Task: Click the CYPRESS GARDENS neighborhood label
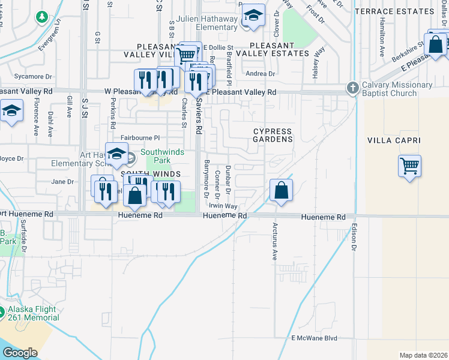272,135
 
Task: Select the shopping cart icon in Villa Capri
409,166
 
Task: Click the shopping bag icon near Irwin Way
281,191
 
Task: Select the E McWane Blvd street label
314,338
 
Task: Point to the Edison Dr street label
354,238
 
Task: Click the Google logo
20,353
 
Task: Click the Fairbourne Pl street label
140,137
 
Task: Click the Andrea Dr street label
261,74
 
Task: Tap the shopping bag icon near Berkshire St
435,44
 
